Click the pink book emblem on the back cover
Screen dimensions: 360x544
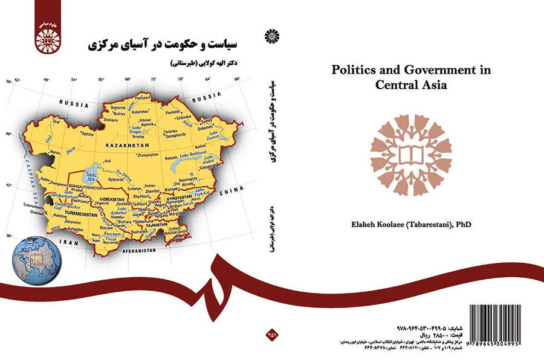coord(411,151)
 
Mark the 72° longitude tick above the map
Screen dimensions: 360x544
coord(153,80)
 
